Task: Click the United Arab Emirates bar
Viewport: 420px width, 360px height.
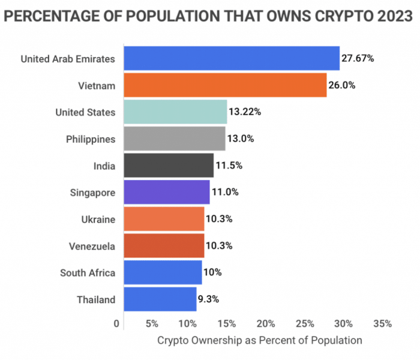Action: coord(231,59)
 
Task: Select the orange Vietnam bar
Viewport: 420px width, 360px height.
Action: coord(225,85)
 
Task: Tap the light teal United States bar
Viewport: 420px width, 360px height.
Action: coord(175,112)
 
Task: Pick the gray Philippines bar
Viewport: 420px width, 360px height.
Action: coord(174,139)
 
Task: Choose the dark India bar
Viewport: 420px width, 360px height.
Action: coord(169,165)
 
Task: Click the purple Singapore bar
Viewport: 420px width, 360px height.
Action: coord(166,192)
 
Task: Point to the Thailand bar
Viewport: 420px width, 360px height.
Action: coord(160,299)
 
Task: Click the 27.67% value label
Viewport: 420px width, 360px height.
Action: coord(358,59)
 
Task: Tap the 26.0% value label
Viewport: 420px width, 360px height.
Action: coord(341,85)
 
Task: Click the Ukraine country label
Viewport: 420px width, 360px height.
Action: coord(97,219)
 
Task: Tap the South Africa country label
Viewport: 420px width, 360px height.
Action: coord(88,273)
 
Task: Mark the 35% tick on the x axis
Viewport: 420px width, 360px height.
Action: coord(382,324)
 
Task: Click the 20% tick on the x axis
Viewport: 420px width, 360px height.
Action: coord(266,324)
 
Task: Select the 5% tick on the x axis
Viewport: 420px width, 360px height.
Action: coord(151,324)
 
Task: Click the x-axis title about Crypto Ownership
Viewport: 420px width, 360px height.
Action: coord(260,340)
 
